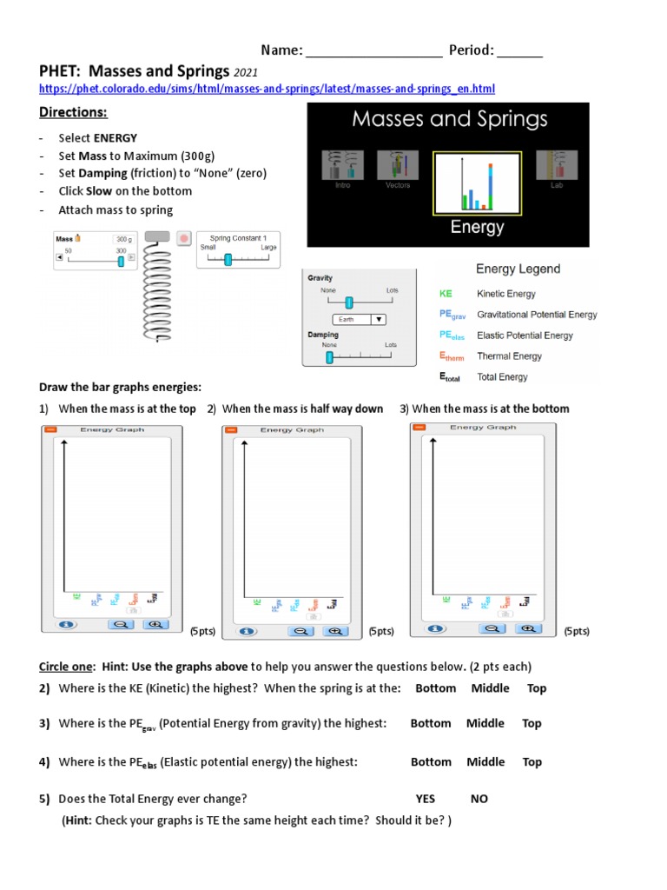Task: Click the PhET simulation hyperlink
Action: click(x=267, y=89)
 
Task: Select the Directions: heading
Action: click(x=73, y=113)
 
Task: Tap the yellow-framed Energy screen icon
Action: click(x=477, y=183)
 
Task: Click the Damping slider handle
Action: click(x=329, y=357)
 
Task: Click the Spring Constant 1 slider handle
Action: click(x=228, y=259)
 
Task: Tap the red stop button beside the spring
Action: click(x=183, y=238)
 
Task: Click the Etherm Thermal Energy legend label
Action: click(x=509, y=356)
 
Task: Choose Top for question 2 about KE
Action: click(x=537, y=688)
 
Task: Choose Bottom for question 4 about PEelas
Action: click(x=431, y=762)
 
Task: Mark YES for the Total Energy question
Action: click(x=426, y=799)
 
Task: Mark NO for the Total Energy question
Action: click(x=479, y=799)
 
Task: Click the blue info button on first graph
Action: click(x=63, y=624)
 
